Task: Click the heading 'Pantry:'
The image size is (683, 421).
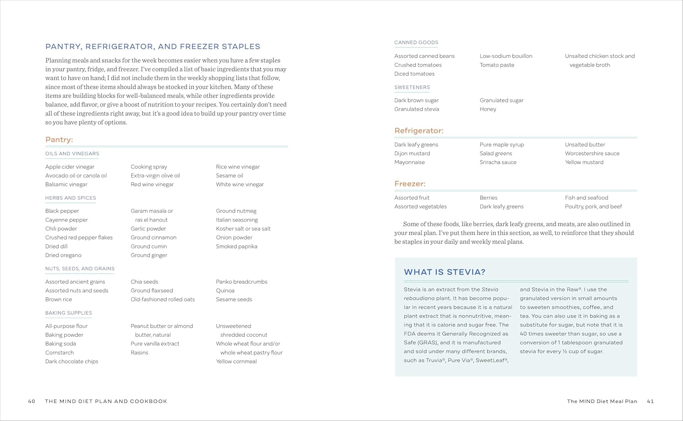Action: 59,140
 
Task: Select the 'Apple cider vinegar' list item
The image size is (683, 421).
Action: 70,167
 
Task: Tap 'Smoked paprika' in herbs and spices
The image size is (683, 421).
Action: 236,247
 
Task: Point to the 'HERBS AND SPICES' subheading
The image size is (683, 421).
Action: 71,198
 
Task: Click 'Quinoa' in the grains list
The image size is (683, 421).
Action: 225,291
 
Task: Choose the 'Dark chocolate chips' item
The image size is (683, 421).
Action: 71,362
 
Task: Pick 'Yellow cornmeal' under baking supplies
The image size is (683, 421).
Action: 236,362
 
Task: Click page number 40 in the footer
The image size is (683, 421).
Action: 31,401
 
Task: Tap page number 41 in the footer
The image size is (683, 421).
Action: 650,401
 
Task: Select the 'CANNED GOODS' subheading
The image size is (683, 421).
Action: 416,43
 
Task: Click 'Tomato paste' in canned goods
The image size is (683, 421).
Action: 497,65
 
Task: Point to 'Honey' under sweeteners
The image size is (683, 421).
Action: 488,109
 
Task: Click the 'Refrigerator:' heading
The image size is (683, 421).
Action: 419,131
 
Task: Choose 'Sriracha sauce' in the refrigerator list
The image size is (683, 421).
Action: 498,162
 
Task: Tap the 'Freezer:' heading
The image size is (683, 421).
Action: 410,184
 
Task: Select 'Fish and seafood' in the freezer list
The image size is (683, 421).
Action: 586,198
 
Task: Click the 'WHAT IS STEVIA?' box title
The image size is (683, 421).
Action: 444,272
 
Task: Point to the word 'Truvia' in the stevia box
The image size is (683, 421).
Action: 434,360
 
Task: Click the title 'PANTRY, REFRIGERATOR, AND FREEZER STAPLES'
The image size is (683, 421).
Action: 153,46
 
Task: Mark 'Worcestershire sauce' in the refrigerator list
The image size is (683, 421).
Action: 592,154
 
